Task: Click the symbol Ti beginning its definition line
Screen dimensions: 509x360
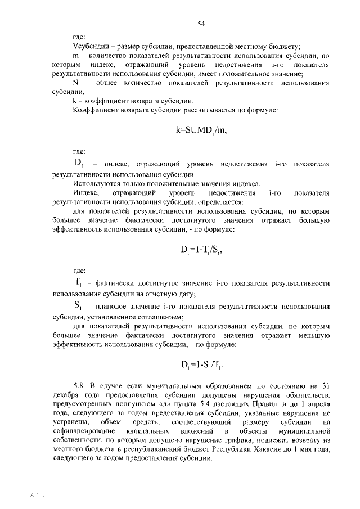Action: click(x=78, y=282)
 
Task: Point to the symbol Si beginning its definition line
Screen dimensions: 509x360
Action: click(x=78, y=307)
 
